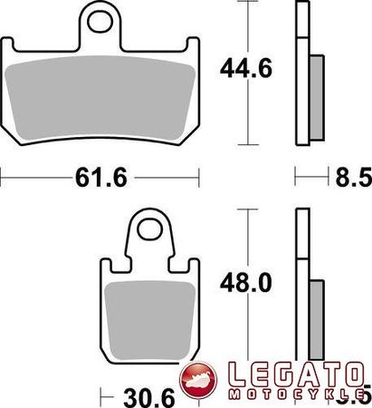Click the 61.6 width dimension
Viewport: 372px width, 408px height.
point(100,180)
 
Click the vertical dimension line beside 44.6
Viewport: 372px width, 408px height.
point(246,118)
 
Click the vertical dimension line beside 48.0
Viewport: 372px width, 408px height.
point(246,335)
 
